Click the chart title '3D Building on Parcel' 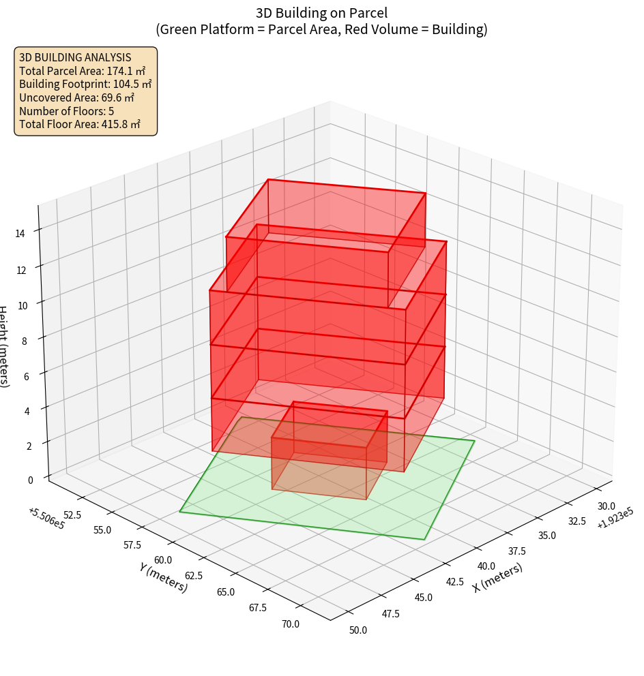click(322, 12)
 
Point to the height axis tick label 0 click(30, 480)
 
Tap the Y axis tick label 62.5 click(192, 575)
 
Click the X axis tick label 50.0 click(358, 630)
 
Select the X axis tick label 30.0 click(605, 506)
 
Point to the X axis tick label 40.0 click(486, 566)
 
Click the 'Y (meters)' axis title click(163, 577)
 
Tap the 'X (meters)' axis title click(498, 578)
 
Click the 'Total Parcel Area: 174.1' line click(82, 71)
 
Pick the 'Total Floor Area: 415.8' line click(80, 125)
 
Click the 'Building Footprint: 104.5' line click(85, 84)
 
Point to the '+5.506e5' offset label click(46, 518)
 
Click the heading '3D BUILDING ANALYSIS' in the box click(75, 57)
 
